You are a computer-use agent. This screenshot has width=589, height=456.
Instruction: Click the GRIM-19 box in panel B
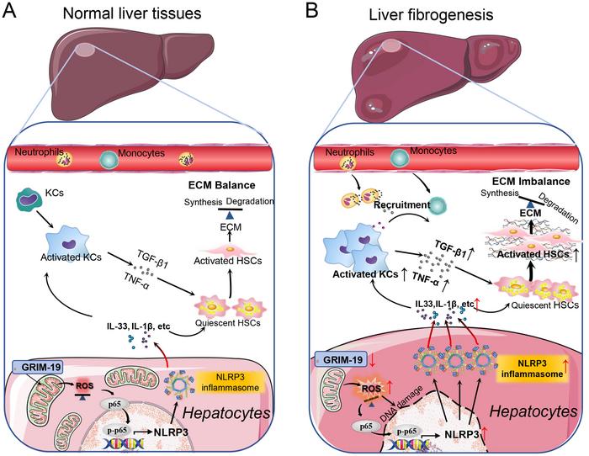tap(339, 358)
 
